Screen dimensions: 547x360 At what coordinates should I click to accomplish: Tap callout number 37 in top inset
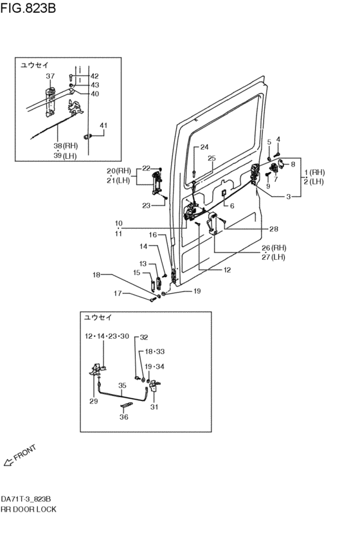50,76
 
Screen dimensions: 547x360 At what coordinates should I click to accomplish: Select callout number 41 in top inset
104,125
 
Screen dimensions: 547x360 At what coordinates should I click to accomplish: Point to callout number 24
204,147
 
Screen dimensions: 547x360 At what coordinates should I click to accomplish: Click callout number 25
212,158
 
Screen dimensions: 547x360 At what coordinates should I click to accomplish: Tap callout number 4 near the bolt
278,139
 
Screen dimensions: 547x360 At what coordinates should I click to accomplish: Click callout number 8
293,164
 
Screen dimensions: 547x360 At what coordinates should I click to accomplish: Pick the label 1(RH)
316,172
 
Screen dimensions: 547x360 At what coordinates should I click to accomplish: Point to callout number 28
274,228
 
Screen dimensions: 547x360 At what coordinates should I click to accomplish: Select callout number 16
153,235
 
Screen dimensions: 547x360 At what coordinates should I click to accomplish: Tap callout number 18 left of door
96,275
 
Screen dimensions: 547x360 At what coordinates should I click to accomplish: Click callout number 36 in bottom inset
124,417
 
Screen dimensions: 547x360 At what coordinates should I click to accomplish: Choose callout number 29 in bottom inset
93,401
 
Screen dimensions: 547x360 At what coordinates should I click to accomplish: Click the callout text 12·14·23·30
107,336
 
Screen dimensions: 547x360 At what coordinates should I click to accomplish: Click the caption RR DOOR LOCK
28,509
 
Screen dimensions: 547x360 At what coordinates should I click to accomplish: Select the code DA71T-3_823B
26,499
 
